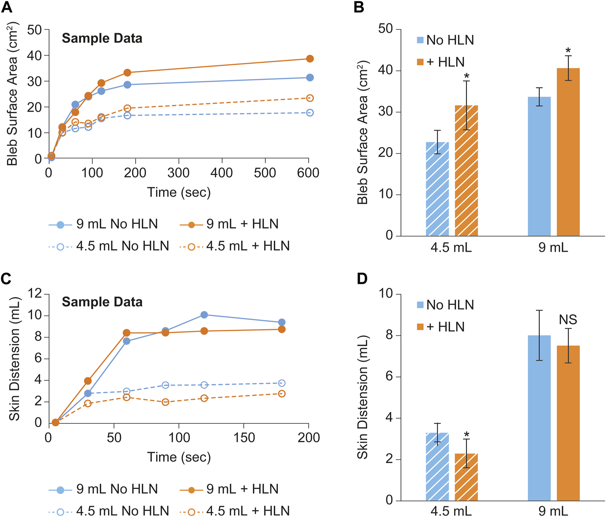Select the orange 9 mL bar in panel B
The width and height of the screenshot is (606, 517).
pyautogui.click(x=568, y=152)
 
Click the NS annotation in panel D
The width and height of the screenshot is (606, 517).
pyautogui.click(x=568, y=320)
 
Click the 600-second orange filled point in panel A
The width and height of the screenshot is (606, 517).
pyautogui.click(x=310, y=59)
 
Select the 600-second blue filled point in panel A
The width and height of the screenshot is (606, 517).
pyautogui.click(x=310, y=78)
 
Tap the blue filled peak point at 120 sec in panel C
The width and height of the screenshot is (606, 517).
pyautogui.click(x=204, y=315)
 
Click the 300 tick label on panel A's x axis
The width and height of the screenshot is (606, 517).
pyautogui.click(x=178, y=173)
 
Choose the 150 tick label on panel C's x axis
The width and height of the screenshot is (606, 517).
pyautogui.click(x=244, y=438)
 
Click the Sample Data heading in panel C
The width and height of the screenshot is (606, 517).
pyautogui.click(x=102, y=302)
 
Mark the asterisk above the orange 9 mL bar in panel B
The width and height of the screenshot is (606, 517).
pyautogui.click(x=568, y=51)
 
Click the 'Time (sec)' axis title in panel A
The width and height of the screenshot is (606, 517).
pyautogui.click(x=179, y=193)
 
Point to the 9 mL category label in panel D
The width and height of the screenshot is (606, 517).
pyautogui.click(x=553, y=511)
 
